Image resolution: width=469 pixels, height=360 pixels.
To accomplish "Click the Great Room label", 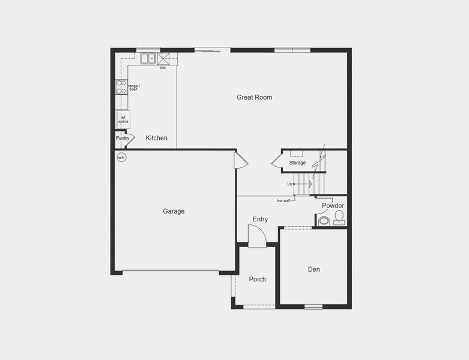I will tap(254, 97).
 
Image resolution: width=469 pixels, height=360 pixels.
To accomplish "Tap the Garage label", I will tap(174, 211).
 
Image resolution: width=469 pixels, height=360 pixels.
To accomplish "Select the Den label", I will tap(314, 269).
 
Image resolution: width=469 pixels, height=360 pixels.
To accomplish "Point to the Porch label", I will tap(258, 280).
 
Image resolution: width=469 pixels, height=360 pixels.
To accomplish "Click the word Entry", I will tap(260, 220).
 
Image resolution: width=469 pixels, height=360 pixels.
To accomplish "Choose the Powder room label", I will tap(333, 206).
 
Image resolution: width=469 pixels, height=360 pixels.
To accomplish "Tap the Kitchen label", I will tap(157, 138).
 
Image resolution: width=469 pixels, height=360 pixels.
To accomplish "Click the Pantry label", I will tap(123, 138).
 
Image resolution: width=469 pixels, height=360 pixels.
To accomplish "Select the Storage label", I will tap(297, 163).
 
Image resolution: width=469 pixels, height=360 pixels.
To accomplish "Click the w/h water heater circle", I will tap(121, 158).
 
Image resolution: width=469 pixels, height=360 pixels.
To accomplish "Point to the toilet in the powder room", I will tap(339, 217).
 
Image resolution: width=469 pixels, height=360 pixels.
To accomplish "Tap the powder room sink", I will tap(324, 221).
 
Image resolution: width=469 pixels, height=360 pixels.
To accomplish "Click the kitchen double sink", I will tap(148, 58).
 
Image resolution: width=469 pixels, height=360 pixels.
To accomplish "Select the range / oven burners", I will tap(121, 87).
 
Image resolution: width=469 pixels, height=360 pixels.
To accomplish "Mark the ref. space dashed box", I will tap(123, 119).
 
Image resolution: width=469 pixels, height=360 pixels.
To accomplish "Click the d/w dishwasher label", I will tap(163, 68).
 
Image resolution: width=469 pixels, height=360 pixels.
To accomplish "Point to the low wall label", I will tap(283, 200).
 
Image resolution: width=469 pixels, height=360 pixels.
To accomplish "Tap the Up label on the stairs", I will tap(290, 184).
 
